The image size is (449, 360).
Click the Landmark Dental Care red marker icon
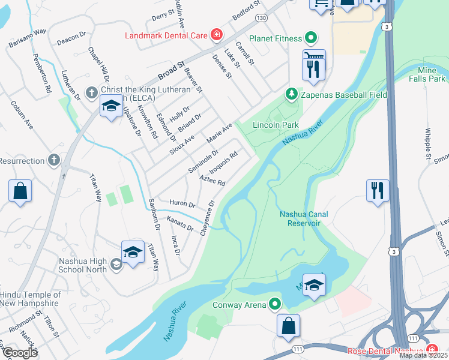click(x=216, y=35)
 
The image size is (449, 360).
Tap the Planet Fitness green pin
click(x=310, y=39)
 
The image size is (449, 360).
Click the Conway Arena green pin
click(x=276, y=305)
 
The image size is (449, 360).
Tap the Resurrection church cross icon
click(x=54, y=161)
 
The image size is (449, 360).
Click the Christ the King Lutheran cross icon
click(x=91, y=92)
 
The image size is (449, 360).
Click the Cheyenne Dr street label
click(x=207, y=218)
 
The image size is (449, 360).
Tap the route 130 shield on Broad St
click(x=261, y=18)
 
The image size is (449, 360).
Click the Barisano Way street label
click(x=28, y=38)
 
